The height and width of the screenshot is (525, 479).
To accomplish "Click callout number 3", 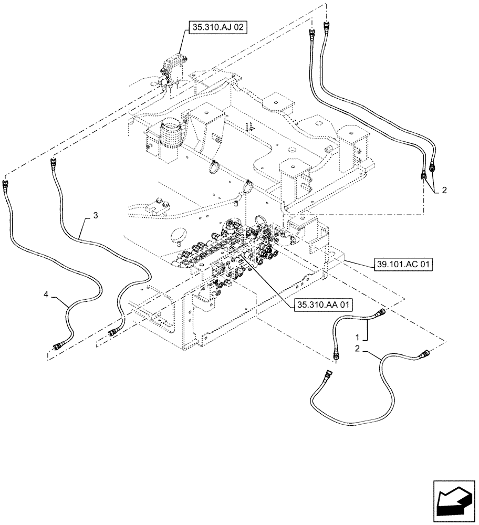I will [x=95, y=215].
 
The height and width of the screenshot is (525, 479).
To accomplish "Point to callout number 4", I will [x=46, y=296].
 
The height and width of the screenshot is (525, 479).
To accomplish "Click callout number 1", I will [x=358, y=334].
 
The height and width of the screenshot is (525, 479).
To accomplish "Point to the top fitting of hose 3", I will [x=53, y=163].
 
